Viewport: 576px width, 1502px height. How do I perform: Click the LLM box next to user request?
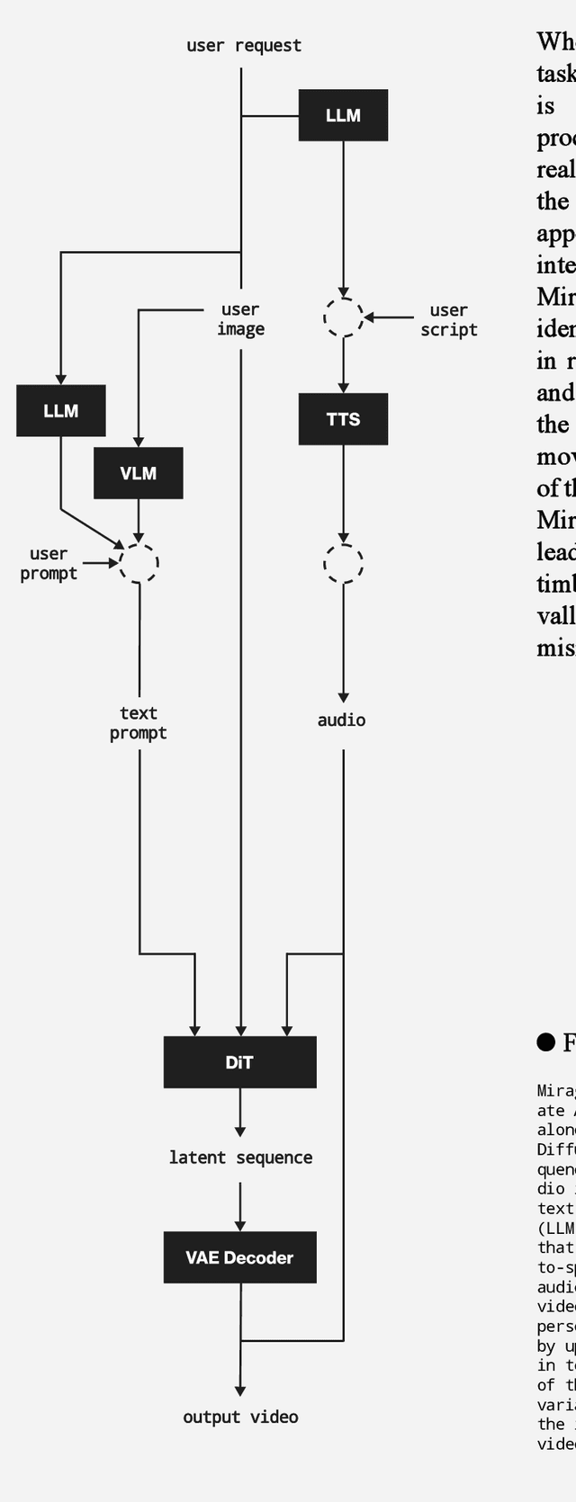click(x=343, y=115)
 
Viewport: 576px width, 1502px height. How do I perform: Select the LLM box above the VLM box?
click(x=61, y=411)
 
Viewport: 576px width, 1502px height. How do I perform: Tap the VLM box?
click(x=139, y=473)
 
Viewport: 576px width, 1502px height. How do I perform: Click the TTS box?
click(x=343, y=419)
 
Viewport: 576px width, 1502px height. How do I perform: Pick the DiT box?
click(x=239, y=1062)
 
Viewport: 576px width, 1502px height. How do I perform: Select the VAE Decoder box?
click(x=239, y=1257)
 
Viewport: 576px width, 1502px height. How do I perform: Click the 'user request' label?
click(x=244, y=45)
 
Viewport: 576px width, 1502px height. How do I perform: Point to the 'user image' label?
click(x=240, y=319)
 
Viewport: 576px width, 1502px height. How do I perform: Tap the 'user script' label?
click(x=448, y=320)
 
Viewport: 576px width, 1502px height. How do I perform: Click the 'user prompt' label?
click(x=49, y=564)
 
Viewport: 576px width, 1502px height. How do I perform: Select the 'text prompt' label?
click(x=139, y=723)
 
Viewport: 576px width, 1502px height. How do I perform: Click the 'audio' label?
click(x=342, y=720)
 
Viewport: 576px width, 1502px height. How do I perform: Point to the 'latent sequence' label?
click(x=240, y=1158)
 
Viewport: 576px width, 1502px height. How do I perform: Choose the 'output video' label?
click(x=240, y=1417)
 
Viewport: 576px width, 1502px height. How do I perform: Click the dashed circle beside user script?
click(x=343, y=317)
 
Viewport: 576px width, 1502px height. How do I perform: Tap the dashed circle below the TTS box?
click(x=343, y=564)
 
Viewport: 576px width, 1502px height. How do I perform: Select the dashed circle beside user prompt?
click(x=139, y=564)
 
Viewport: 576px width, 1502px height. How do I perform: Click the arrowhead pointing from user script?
click(x=370, y=317)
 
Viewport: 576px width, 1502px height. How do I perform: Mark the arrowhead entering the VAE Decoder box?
click(x=240, y=1225)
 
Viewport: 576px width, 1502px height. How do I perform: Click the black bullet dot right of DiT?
click(x=545, y=1042)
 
